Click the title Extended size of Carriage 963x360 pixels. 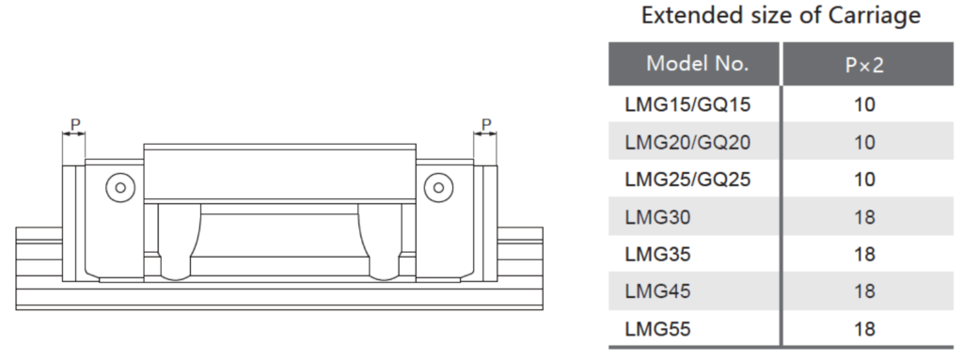781,15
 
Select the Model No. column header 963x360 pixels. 697,63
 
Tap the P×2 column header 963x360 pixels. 864,65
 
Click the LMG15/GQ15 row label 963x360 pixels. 687,105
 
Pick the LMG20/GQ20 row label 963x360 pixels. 687,143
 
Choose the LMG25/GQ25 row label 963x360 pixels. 687,180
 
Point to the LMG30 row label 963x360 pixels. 657,217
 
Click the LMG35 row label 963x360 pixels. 657,255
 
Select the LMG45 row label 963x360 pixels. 657,291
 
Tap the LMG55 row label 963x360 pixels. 657,329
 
